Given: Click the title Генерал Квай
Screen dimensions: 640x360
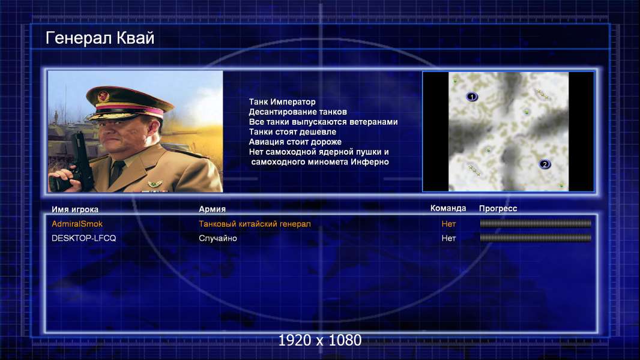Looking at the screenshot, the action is click(x=100, y=38).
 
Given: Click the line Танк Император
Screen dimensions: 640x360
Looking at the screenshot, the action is click(x=282, y=102).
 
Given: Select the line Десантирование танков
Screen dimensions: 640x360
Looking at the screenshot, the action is click(x=298, y=112).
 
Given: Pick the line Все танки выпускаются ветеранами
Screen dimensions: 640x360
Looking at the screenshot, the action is click(x=323, y=122).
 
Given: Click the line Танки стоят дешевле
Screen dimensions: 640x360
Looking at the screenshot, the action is click(x=292, y=131).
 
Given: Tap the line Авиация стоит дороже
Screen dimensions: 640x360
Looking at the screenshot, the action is click(x=295, y=142).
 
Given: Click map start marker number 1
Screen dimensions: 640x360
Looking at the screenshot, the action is click(x=472, y=97).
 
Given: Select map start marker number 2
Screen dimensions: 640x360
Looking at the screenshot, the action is click(x=545, y=164).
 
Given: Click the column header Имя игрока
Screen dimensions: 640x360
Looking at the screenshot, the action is click(x=75, y=209).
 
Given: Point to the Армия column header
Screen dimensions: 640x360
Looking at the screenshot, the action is click(x=213, y=209).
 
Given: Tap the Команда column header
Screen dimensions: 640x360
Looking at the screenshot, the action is click(x=448, y=208).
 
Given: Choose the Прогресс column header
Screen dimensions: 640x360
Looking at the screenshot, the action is click(x=498, y=209).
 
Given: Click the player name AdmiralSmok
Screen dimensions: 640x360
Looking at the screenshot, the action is click(x=77, y=224).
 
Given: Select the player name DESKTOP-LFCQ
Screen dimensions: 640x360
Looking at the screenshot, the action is click(x=83, y=238).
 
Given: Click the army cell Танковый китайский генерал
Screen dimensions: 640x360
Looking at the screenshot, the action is click(x=255, y=224).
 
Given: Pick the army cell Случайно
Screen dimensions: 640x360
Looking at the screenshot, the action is click(x=217, y=238).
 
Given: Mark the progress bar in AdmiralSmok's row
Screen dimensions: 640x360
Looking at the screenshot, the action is click(x=536, y=223).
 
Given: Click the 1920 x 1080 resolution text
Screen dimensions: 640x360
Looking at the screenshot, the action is click(x=320, y=340).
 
